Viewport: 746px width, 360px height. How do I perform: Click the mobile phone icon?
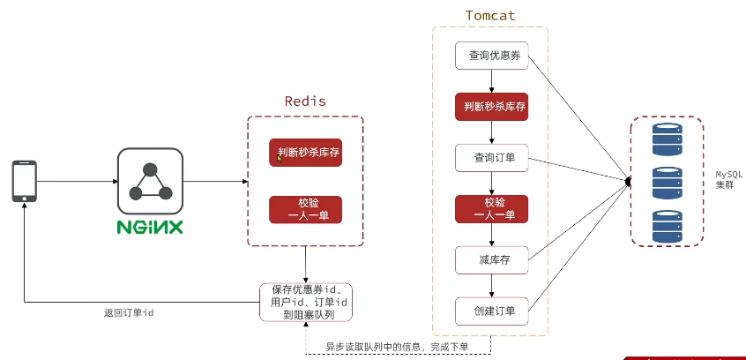[x=24, y=181]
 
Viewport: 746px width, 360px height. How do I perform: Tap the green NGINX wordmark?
[x=150, y=227]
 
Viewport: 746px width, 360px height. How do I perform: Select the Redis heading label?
[x=304, y=101]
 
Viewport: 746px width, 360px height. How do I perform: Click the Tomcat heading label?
[x=490, y=16]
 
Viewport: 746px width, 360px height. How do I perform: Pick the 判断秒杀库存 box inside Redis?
[x=305, y=153]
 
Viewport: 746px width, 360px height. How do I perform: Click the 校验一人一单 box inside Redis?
[x=305, y=209]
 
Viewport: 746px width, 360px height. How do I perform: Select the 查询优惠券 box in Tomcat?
[x=491, y=56]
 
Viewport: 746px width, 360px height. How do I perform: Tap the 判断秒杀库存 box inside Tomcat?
[x=491, y=107]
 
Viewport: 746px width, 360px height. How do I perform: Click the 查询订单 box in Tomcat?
[x=491, y=158]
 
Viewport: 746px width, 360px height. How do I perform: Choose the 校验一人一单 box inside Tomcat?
[x=491, y=208]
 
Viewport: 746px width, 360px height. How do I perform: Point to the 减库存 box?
[x=491, y=259]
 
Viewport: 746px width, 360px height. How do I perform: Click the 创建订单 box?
[x=491, y=311]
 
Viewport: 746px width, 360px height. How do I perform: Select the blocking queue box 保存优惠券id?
[x=305, y=302]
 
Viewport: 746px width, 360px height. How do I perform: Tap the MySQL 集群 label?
[x=728, y=181]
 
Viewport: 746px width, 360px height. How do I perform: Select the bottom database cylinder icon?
[x=667, y=226]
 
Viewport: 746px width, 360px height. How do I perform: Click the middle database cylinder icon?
[x=667, y=183]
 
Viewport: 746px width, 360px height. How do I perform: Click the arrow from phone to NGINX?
[x=78, y=182]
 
